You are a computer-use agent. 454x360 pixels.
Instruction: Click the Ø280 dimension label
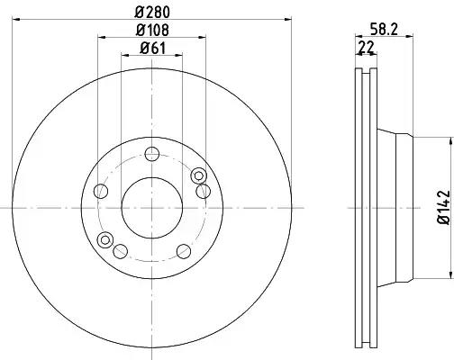(x=152, y=12)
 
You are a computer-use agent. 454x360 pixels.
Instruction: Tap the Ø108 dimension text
(x=152, y=30)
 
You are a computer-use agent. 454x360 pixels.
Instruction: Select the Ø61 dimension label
(x=152, y=48)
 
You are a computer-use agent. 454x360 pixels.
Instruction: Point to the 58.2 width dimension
(x=384, y=30)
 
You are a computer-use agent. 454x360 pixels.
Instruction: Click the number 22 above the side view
(x=367, y=47)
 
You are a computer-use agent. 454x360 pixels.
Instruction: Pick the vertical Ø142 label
(x=444, y=207)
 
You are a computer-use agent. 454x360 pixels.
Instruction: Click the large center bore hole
(x=152, y=208)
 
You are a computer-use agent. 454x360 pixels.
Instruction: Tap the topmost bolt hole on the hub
(x=152, y=154)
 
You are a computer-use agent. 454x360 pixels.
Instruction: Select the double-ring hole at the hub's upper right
(x=198, y=175)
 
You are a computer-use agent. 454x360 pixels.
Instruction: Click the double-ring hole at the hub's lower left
(x=105, y=239)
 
